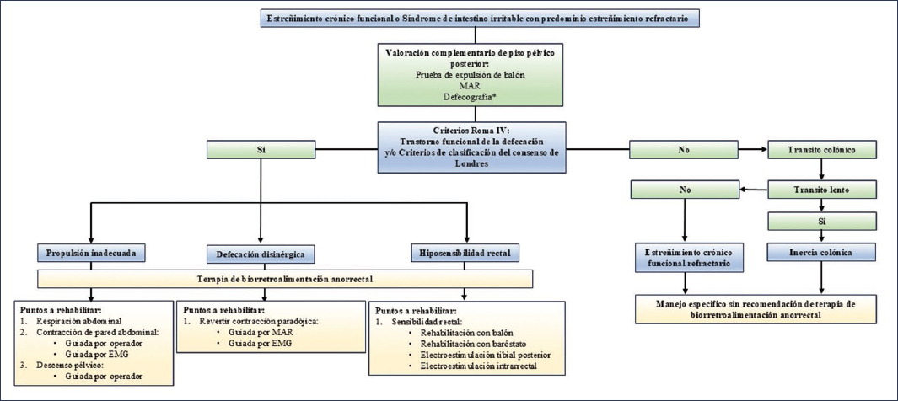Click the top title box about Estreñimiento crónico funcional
tap(481, 19)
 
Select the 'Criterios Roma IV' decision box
tap(471, 147)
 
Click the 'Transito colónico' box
tap(822, 151)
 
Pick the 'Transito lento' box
tap(822, 190)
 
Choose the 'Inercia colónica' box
tap(822, 252)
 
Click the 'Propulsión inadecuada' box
tap(89, 251)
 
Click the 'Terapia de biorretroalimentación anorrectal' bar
tap(286, 279)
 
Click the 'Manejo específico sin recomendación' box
tap(756, 309)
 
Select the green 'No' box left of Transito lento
tap(685, 190)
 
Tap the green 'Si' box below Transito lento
tap(822, 221)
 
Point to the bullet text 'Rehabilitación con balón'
tap(465, 333)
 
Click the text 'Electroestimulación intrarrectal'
tap(478, 366)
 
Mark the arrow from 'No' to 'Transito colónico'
tap(752, 151)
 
